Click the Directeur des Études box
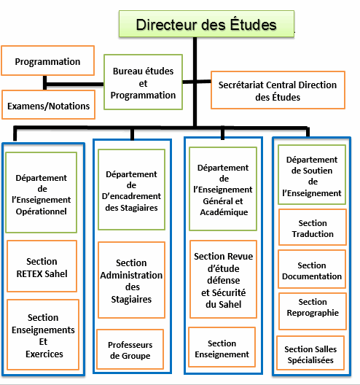pyautogui.click(x=206, y=24)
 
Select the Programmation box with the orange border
pyautogui.click(x=47, y=61)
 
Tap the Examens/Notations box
pyautogui.click(x=48, y=104)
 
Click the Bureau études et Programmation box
pyautogui.click(x=143, y=82)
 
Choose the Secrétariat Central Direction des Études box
pyautogui.click(x=278, y=90)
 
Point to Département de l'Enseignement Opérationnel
pyautogui.click(x=42, y=192)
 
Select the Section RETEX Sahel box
pyautogui.click(x=42, y=266)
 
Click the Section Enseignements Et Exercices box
pyautogui.click(x=43, y=335)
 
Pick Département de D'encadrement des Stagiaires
pyautogui.click(x=131, y=190)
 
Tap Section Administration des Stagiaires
pyautogui.click(x=131, y=280)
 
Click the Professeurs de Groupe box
pyautogui.click(x=130, y=349)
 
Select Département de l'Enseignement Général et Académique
pyautogui.click(x=223, y=189)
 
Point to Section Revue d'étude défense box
pyautogui.click(x=223, y=279)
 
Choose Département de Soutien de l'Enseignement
pyautogui.click(x=312, y=174)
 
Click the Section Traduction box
pyautogui.click(x=313, y=227)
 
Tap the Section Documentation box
pyautogui.click(x=312, y=269)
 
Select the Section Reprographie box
pyautogui.click(x=313, y=311)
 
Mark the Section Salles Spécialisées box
pyautogui.click(x=310, y=353)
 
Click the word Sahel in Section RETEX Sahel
pyautogui.click(x=56, y=273)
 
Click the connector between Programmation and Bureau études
pyautogui.click(x=74, y=85)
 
